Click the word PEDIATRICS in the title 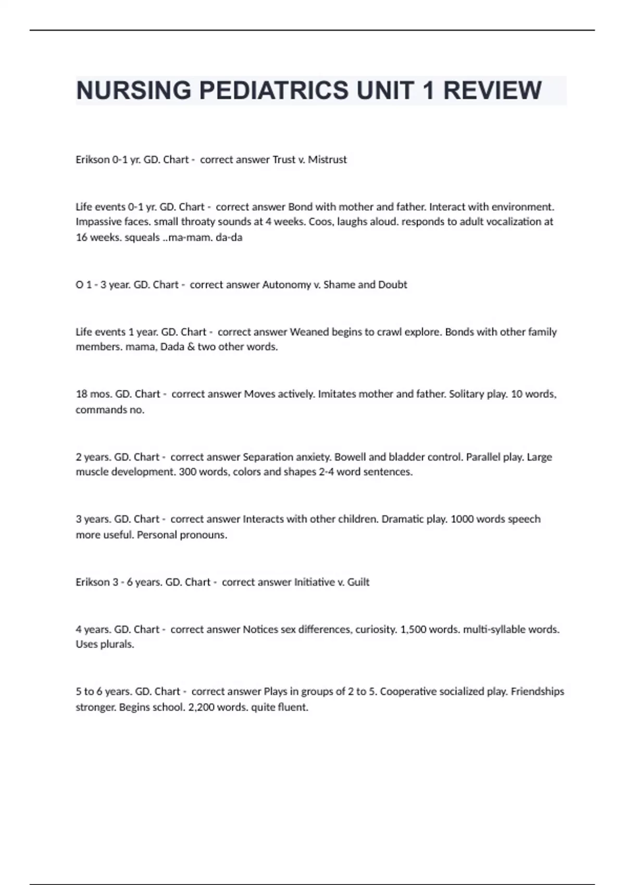click(x=274, y=91)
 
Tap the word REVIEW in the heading click(x=492, y=91)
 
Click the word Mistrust click(x=327, y=160)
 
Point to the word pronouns click(x=203, y=535)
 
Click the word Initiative click(x=315, y=582)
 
